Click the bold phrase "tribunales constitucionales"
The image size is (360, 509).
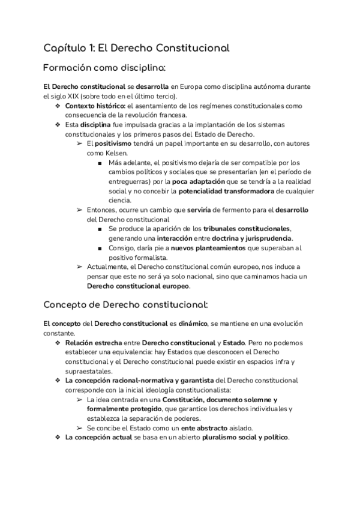pyautogui.click(x=247, y=229)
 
